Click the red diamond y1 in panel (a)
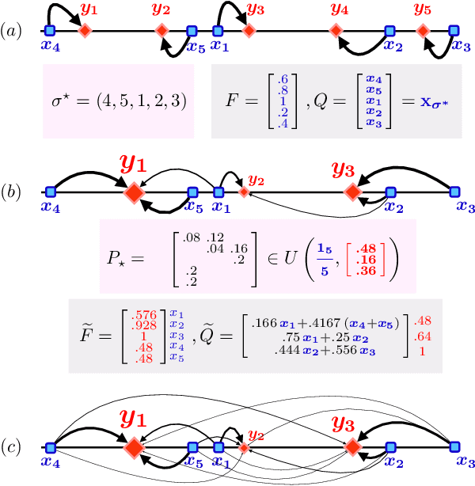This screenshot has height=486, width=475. point(85,31)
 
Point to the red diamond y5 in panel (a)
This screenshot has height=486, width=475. point(424,31)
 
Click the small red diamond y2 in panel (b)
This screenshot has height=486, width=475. point(244,192)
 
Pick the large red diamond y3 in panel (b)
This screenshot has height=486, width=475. point(352,192)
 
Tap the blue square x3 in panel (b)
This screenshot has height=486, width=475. point(454,192)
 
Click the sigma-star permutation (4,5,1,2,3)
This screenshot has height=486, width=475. point(119,104)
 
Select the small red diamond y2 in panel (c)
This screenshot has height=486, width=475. point(244,448)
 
